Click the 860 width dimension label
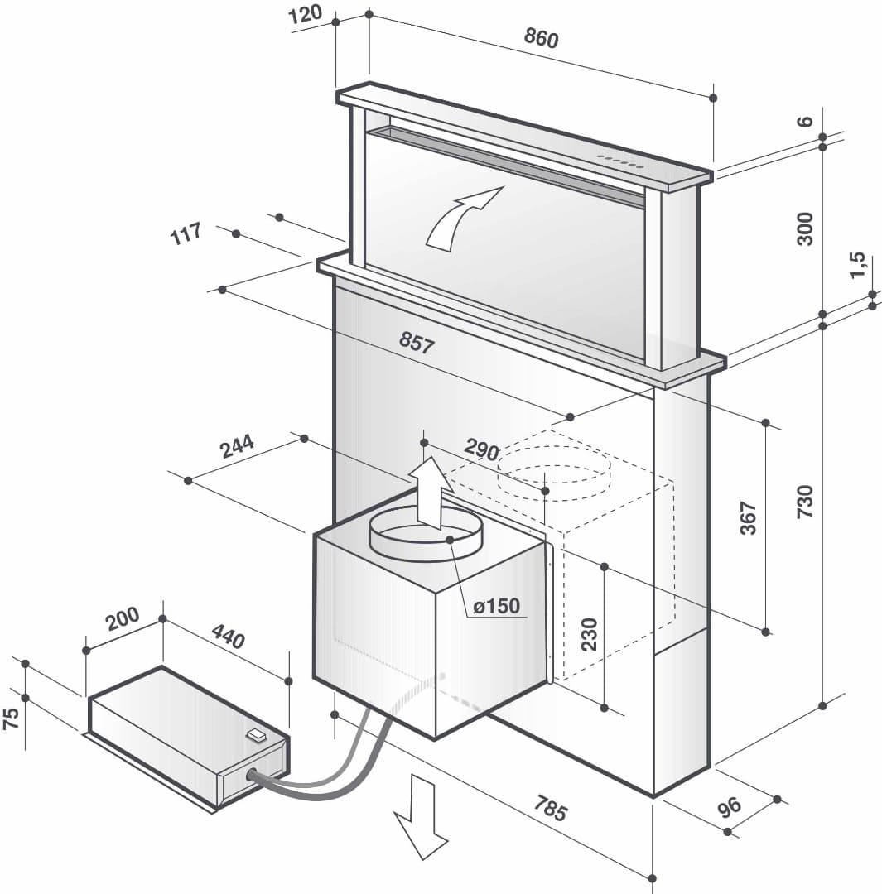point(542,38)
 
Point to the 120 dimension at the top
point(306,15)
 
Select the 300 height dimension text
point(804,228)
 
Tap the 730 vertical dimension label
point(804,502)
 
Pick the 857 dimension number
point(416,342)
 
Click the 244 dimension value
point(237,447)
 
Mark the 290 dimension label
point(481,450)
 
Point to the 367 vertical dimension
point(748,517)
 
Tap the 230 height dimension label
point(589,635)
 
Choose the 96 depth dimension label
point(730,807)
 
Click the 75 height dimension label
point(11,718)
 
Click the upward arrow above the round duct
point(429,493)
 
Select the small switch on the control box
point(256,733)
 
